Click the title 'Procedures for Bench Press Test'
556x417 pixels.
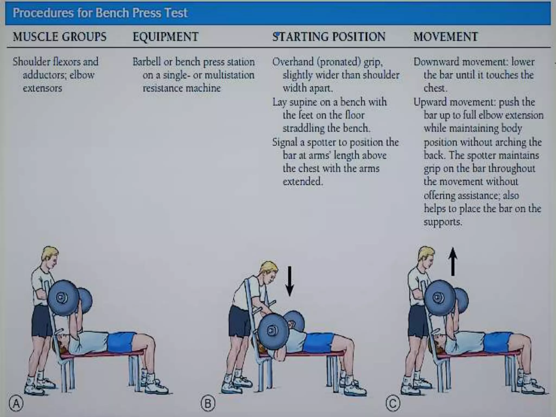100,13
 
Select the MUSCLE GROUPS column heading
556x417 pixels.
59,37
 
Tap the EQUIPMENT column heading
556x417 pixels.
165,37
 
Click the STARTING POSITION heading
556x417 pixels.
329,37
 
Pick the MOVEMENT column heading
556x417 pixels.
446,37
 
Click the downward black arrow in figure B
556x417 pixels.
290,281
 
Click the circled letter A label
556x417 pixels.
16,404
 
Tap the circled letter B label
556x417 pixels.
208,404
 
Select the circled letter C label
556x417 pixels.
393,404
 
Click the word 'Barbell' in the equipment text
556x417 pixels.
147,62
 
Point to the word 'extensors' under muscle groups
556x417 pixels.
42,88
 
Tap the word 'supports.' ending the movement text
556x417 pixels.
443,222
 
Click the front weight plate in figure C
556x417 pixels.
440,298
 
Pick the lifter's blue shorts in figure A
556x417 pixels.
121,342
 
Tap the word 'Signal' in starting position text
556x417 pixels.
285,142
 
